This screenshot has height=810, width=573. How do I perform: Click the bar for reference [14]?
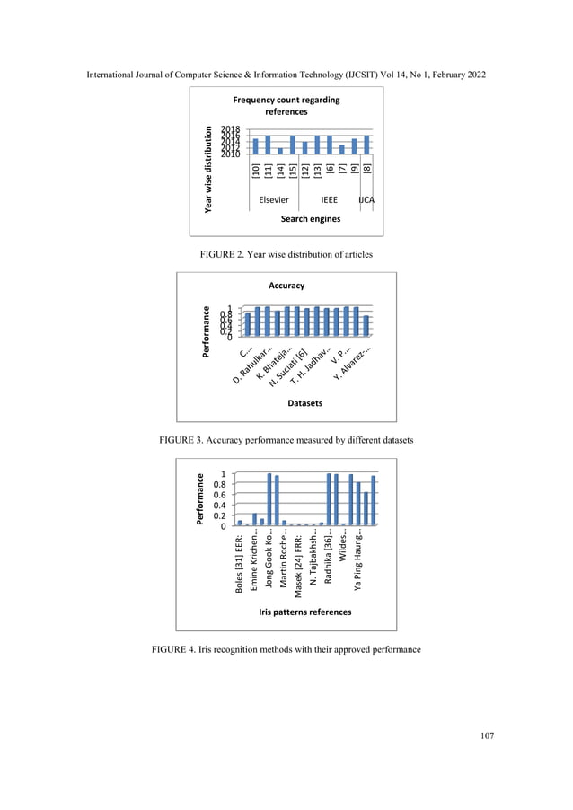tap(280, 151)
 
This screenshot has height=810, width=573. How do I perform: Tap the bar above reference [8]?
tap(366, 145)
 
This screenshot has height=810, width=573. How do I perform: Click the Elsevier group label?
tap(273, 200)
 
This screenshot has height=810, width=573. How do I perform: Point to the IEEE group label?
tap(329, 200)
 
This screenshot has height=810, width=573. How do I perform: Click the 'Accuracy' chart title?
tap(286, 286)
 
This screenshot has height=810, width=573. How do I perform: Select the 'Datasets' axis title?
tap(304, 403)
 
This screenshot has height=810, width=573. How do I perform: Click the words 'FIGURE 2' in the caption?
tap(225, 255)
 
